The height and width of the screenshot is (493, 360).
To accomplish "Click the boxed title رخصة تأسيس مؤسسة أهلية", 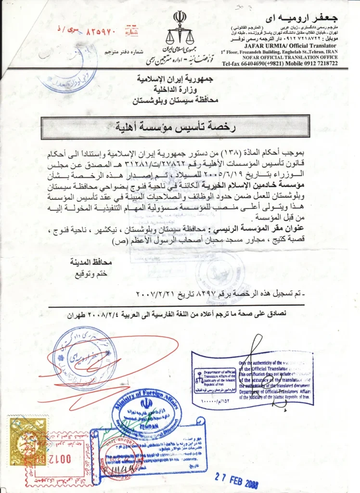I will tap(175, 128).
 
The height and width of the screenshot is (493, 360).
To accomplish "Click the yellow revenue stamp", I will tap(28, 435).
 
